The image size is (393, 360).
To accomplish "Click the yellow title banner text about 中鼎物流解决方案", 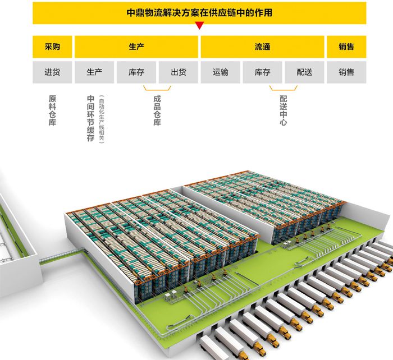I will [x=199, y=12].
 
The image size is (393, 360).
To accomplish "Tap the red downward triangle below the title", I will [x=199, y=26].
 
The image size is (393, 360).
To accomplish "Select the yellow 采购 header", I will [x=52, y=47].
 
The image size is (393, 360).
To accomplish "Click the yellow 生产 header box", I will [x=136, y=47].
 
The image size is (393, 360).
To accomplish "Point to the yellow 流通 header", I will [x=262, y=47].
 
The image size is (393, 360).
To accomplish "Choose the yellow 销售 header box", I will [x=346, y=47].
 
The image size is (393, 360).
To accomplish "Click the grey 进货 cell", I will [x=52, y=72].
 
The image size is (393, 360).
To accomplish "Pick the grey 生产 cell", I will [x=94, y=72].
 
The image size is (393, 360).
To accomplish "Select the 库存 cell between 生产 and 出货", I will [x=136, y=72].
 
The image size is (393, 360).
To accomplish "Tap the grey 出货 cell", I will [x=179, y=72].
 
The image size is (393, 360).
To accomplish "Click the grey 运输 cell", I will [x=221, y=72].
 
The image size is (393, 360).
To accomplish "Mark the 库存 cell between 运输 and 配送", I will [x=262, y=72].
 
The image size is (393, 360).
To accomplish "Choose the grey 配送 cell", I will [x=304, y=72].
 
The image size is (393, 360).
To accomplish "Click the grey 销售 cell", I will [x=346, y=72].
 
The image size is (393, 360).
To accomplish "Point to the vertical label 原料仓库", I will [x=52, y=110].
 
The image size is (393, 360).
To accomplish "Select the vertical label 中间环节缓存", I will [x=90, y=118].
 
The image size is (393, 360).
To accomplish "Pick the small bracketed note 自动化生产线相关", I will [x=101, y=118].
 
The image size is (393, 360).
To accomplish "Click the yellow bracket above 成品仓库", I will [x=157, y=89].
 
